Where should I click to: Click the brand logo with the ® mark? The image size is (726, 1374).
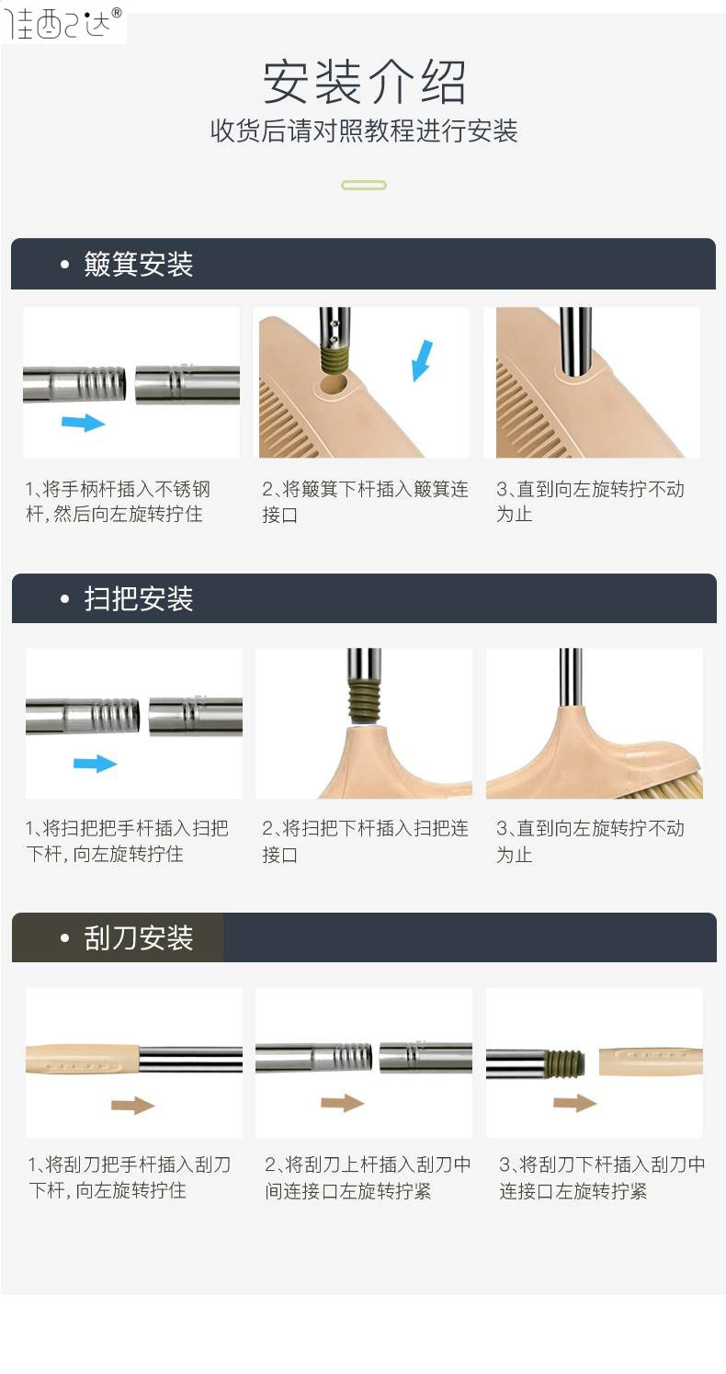point(63,23)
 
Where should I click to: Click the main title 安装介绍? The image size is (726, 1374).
point(364,82)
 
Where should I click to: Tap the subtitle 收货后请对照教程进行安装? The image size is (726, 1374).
point(364,131)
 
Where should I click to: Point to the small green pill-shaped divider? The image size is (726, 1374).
point(364,186)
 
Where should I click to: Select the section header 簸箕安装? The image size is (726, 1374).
point(139,265)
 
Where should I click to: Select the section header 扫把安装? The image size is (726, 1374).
point(139,598)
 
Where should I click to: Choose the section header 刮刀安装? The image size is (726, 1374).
point(139,937)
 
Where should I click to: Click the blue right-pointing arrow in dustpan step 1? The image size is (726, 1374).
point(84,422)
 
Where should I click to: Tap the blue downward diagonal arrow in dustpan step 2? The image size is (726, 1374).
point(422,360)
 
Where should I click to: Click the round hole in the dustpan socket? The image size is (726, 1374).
point(333,385)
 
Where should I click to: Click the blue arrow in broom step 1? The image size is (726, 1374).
point(95,763)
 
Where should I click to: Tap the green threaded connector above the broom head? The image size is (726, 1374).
point(364,702)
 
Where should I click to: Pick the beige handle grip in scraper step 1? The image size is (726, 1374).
point(83,1060)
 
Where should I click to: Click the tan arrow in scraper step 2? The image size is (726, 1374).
point(342,1102)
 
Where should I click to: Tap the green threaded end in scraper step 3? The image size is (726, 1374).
point(565,1063)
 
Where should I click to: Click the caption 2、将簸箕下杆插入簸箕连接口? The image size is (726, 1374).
point(366,502)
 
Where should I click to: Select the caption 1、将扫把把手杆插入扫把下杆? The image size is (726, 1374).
point(128,841)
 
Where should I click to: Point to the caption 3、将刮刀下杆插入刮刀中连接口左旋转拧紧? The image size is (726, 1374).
point(602,1177)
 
